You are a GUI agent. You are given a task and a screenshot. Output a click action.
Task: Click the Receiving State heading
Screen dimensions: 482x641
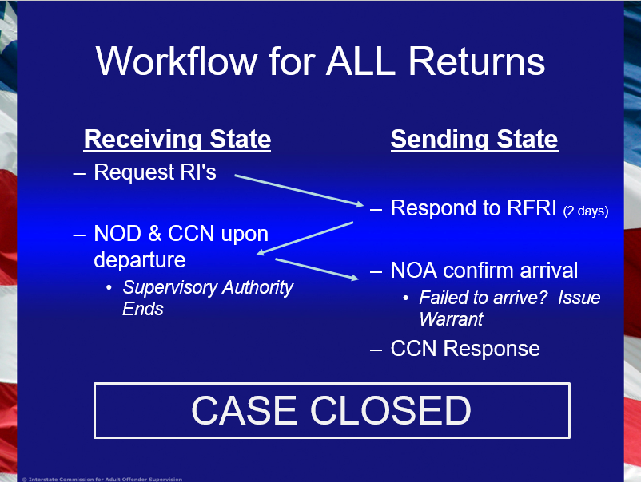(x=177, y=140)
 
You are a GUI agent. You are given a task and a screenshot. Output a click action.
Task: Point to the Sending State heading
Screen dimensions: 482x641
(x=474, y=140)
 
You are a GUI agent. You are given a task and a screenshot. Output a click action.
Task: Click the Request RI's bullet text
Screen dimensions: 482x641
(x=155, y=172)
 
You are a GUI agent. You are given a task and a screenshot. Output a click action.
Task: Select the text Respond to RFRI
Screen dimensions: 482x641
(x=473, y=209)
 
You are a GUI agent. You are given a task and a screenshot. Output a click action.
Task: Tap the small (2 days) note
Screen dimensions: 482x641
(x=586, y=211)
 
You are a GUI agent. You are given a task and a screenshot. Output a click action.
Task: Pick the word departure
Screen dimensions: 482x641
(x=140, y=260)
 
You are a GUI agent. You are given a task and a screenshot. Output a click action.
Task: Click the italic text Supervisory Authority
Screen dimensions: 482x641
(x=208, y=287)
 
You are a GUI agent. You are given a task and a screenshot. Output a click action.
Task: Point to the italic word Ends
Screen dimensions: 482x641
(x=143, y=309)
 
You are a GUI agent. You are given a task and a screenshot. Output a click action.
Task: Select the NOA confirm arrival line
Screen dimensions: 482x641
(x=484, y=271)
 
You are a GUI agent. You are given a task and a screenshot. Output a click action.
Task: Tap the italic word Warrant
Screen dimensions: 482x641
(x=452, y=319)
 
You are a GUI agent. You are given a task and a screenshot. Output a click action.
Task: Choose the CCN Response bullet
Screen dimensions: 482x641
(x=465, y=349)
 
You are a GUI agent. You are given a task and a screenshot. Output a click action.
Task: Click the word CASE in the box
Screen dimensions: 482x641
(x=245, y=410)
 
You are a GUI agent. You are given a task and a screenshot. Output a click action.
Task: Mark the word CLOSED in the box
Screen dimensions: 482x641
(x=391, y=410)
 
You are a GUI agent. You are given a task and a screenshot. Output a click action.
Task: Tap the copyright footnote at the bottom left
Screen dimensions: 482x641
(x=102, y=479)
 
